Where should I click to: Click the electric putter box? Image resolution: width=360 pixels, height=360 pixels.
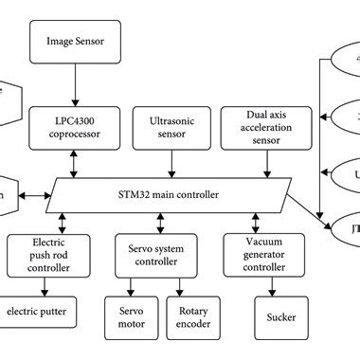(40, 310)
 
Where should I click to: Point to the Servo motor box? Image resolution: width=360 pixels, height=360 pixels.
(135, 316)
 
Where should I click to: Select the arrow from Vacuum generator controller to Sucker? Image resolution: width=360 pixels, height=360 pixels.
(273, 283)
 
